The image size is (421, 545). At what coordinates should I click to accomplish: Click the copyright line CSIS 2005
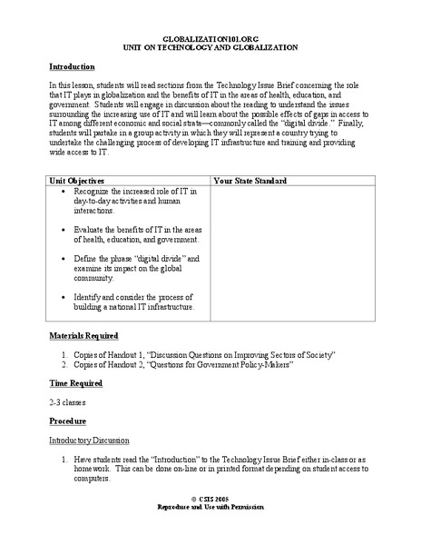point(211,525)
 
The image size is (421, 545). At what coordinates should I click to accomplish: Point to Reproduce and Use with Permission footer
point(210,533)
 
